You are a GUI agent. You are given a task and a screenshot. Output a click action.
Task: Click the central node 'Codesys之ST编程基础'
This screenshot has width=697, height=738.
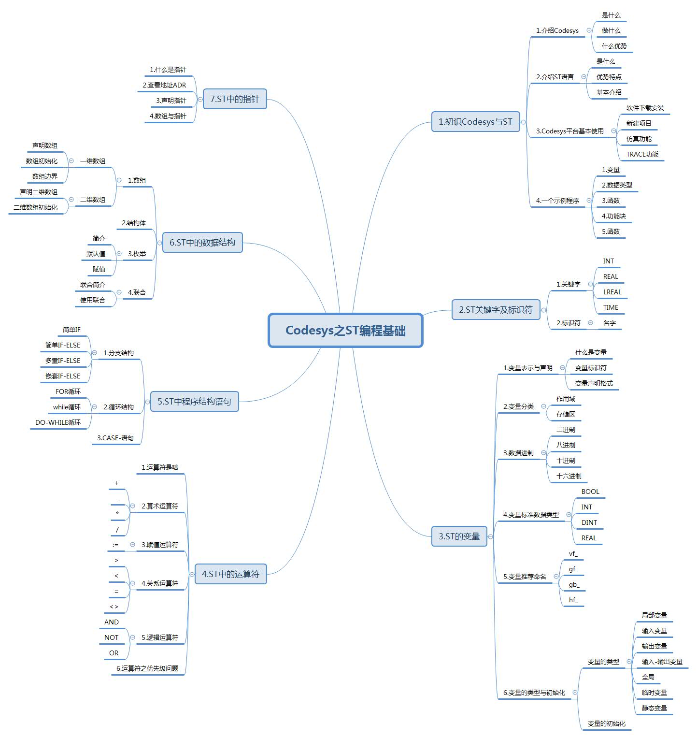pyautogui.click(x=345, y=331)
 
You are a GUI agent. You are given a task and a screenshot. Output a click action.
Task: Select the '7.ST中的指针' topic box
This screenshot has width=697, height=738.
pyautogui.click(x=235, y=99)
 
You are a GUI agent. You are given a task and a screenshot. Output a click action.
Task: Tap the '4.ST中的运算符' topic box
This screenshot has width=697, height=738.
pyautogui.click(x=230, y=574)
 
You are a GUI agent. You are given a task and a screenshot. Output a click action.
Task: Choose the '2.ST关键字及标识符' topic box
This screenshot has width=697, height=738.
pyautogui.click(x=496, y=310)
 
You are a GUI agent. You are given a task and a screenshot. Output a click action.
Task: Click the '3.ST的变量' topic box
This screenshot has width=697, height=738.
pyautogui.click(x=459, y=536)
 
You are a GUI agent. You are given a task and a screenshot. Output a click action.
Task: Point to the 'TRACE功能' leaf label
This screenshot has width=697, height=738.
pyautogui.click(x=642, y=155)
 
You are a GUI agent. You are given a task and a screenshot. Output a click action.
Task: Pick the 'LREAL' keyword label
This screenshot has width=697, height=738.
pyautogui.click(x=612, y=292)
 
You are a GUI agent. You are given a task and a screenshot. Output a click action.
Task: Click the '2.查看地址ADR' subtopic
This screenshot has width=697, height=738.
pyautogui.click(x=164, y=85)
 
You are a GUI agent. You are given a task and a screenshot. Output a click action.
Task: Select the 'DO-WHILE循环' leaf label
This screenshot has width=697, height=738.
pyautogui.click(x=58, y=422)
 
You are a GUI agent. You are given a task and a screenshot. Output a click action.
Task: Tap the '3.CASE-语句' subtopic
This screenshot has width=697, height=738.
pyautogui.click(x=115, y=438)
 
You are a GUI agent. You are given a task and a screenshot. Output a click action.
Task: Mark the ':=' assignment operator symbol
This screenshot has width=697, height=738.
pyautogui.click(x=115, y=545)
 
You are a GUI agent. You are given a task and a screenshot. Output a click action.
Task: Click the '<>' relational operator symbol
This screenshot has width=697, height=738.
pyautogui.click(x=114, y=607)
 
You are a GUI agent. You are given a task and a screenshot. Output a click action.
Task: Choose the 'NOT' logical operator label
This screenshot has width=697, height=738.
pyautogui.click(x=112, y=637)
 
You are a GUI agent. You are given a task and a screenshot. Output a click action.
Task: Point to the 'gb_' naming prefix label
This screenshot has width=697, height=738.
pyautogui.click(x=574, y=585)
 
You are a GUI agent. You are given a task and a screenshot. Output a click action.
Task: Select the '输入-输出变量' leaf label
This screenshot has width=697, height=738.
pyautogui.click(x=662, y=662)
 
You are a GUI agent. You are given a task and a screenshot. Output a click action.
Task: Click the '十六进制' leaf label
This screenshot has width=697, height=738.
pyautogui.click(x=569, y=476)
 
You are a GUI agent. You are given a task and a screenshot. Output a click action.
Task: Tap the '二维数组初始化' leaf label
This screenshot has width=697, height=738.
pyautogui.click(x=35, y=207)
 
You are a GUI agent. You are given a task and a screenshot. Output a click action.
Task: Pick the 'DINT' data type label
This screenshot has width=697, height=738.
pyautogui.click(x=589, y=522)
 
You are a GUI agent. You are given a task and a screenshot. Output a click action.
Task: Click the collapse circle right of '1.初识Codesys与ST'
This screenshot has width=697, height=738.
pyautogui.click(x=524, y=122)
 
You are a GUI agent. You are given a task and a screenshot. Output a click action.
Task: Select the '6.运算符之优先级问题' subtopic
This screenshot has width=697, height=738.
pyautogui.click(x=147, y=668)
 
